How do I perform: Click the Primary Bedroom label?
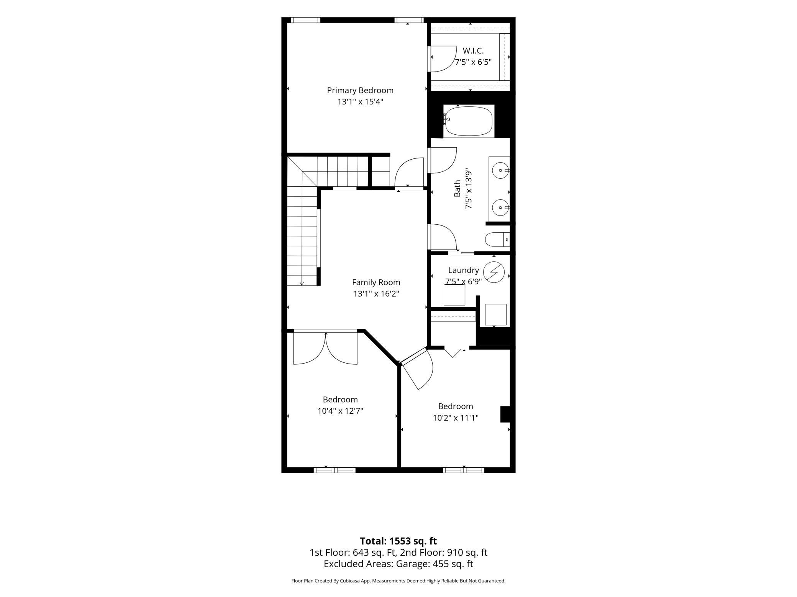[x=360, y=90]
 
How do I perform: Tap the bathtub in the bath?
[x=468, y=121]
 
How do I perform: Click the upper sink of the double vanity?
[x=500, y=170]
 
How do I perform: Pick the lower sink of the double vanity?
[x=500, y=208]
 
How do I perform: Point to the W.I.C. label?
[x=473, y=51]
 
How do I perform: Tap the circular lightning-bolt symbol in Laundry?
[x=494, y=272]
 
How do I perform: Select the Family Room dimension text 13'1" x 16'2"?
[x=376, y=294]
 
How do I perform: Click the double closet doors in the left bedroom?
[x=325, y=349]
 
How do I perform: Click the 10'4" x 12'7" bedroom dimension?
[x=340, y=411]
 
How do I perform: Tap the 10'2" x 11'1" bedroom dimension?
[x=456, y=418]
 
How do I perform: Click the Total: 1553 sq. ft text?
[x=398, y=541]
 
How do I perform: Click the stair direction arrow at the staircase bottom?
[x=302, y=283]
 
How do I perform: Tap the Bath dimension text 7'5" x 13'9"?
[x=468, y=189]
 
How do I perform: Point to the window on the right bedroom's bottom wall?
[x=464, y=470]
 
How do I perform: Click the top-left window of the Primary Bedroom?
[x=305, y=20]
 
